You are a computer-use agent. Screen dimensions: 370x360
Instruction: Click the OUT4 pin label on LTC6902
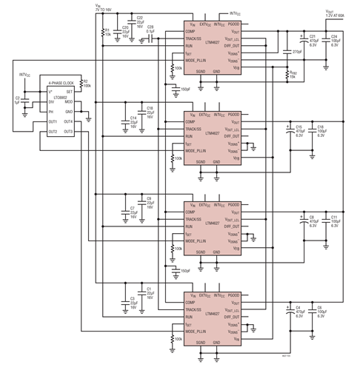coord(67,121)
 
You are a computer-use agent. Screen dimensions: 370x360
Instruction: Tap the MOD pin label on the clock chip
coord(68,102)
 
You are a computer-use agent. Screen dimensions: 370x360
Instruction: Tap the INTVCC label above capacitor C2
coord(27,75)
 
